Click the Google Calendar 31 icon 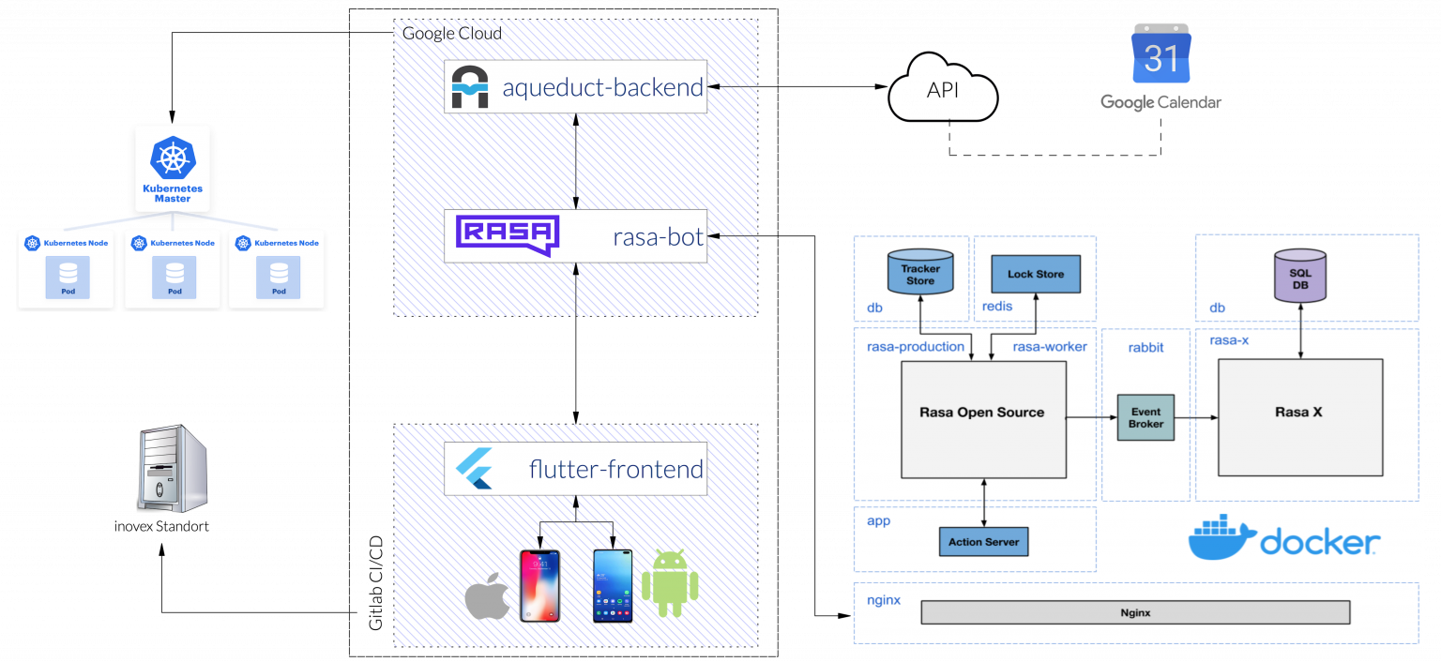(x=1161, y=54)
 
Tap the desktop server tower (x=172, y=470)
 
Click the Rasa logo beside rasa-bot (x=507, y=235)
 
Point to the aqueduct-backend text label (x=602, y=88)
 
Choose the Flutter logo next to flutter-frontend (x=474, y=469)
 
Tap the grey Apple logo (x=487, y=596)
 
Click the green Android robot (x=670, y=584)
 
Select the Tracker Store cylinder (x=920, y=271)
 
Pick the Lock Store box (x=1036, y=274)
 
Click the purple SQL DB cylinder (x=1300, y=276)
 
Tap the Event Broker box (x=1145, y=417)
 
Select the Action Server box (x=983, y=541)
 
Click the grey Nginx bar (x=1135, y=612)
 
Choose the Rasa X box (x=1299, y=417)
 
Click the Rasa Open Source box (x=982, y=419)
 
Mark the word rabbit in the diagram (x=1145, y=347)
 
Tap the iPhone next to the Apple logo (x=539, y=585)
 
